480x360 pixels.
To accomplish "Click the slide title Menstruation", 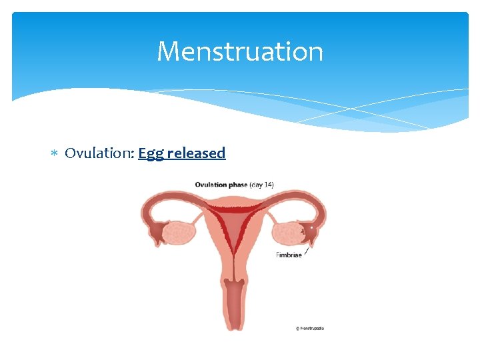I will pos(240,51).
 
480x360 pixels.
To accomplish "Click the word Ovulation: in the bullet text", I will pos(99,153).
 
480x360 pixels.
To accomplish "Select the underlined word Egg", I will pos(151,153).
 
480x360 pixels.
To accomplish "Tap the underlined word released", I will pos(196,153).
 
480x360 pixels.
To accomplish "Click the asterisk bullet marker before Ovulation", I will pos(55,154).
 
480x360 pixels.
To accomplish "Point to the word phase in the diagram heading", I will pos(238,185).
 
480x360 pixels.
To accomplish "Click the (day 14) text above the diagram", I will pos(261,185).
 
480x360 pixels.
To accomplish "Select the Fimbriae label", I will pos(289,255).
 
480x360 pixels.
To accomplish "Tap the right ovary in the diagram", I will pos(287,234).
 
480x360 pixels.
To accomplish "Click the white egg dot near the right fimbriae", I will pos(311,228).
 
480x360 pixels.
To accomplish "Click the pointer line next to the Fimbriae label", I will pos(306,247).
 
